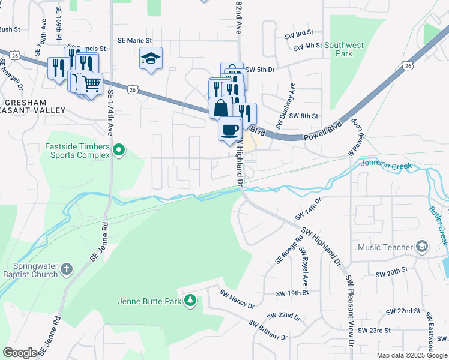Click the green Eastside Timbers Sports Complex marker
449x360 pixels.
(119, 150)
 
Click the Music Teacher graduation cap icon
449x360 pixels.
(422, 247)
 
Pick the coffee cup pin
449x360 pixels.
(229, 130)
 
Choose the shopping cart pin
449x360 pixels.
(91, 83)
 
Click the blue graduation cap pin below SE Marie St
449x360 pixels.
(151, 58)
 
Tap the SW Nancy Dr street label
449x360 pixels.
(237, 299)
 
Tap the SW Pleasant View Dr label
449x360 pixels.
(349, 311)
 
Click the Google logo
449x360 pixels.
(20, 353)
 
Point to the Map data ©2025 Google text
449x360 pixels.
(411, 355)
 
